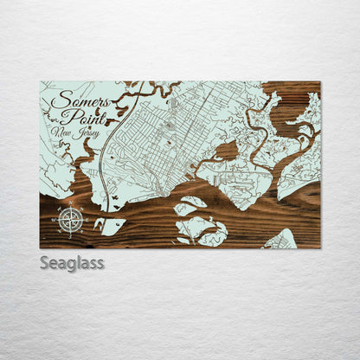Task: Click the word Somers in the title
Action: coord(73,101)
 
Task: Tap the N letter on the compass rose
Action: coord(71,204)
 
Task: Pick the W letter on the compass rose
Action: coord(55,219)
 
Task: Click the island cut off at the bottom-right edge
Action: coord(281,240)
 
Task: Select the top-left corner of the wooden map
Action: coord(41,82)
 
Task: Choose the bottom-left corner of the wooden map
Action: coord(41,247)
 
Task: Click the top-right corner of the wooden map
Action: coord(320,82)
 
